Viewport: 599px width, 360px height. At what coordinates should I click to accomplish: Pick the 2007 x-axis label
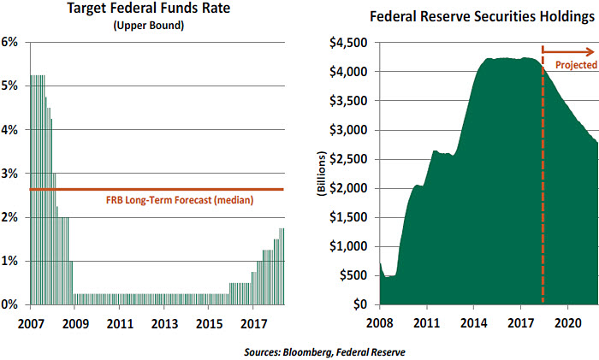[x=30, y=324]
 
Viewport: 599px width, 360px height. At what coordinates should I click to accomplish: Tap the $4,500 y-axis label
[x=349, y=42]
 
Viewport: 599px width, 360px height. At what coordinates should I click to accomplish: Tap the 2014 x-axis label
[x=473, y=324]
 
